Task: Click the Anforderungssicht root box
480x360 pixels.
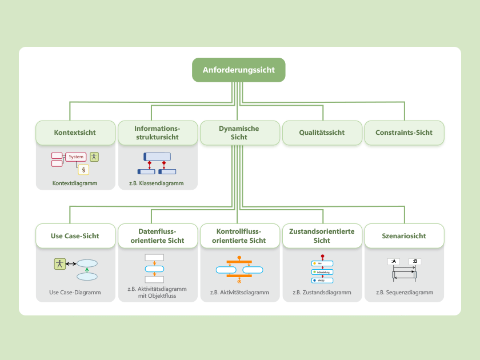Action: (x=238, y=70)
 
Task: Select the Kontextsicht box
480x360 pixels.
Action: (x=75, y=133)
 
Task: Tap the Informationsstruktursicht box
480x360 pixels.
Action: (x=157, y=133)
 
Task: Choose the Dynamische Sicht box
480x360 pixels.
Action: (x=239, y=133)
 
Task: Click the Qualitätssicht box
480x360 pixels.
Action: (x=322, y=133)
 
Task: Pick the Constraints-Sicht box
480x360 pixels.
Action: (x=404, y=133)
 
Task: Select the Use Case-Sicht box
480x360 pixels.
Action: (x=75, y=235)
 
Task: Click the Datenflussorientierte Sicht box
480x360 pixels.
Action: (x=157, y=235)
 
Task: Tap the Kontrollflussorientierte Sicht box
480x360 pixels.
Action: (x=239, y=235)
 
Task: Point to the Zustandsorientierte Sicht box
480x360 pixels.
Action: (x=322, y=235)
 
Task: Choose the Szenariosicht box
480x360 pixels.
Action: (x=404, y=235)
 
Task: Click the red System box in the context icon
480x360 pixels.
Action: (x=76, y=157)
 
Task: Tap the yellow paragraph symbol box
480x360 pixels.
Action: (x=83, y=169)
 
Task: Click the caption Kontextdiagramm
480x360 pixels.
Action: (x=75, y=183)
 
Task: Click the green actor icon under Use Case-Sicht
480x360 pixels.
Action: (x=59, y=263)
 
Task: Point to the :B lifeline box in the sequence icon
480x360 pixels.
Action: (x=415, y=262)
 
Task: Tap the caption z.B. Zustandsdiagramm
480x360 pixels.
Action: (x=322, y=292)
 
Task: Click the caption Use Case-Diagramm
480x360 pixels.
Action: (x=75, y=292)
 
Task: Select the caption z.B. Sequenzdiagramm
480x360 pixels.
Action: (x=404, y=292)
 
